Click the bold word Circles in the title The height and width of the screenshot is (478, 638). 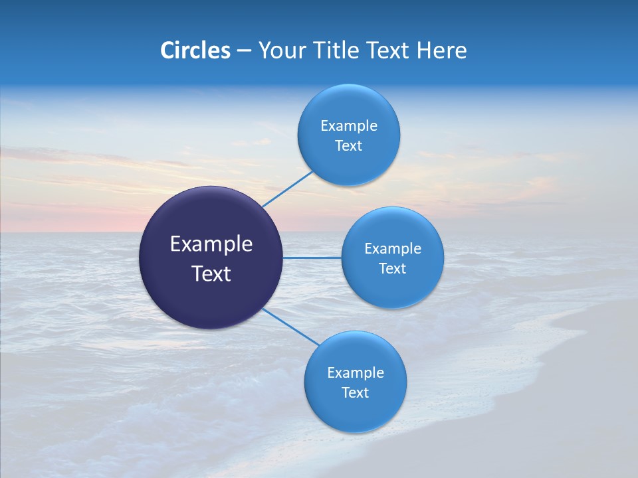pos(195,50)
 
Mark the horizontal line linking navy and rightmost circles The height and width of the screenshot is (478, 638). pos(312,258)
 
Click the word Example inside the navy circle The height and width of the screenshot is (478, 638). pos(211,244)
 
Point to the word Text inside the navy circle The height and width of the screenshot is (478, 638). pos(211,274)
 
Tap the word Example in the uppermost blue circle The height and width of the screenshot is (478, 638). pos(349,126)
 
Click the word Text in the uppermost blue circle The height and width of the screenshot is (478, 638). pos(348,146)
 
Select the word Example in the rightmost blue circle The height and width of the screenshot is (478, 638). pos(393,249)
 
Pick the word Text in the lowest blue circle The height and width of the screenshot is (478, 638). pos(355,393)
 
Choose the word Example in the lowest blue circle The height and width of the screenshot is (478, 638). pos(356,373)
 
